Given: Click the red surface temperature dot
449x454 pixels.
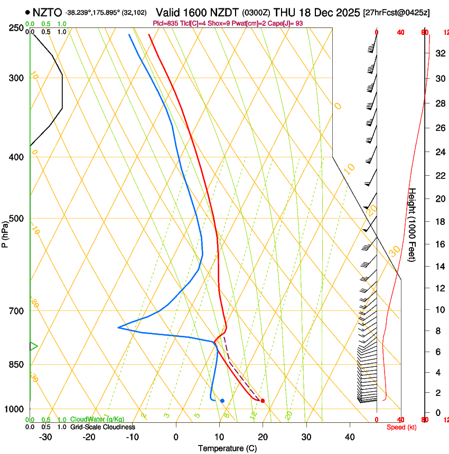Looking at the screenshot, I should [x=263, y=401].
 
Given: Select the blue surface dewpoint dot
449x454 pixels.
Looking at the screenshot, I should [x=222, y=401].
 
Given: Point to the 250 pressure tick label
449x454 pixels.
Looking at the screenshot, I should [x=16, y=28].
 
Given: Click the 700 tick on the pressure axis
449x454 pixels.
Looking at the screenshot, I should [x=16, y=311].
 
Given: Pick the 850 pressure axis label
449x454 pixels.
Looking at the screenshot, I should [x=16, y=365].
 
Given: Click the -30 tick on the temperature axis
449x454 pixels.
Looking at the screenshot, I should [x=45, y=437].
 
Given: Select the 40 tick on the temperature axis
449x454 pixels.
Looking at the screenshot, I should [x=349, y=437].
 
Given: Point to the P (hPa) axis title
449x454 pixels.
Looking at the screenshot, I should [x=5, y=232].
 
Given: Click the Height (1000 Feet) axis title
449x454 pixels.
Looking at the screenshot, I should [x=412, y=229].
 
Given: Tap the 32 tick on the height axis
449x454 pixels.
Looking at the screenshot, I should [x=438, y=53].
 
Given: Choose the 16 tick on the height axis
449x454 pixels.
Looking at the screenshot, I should [x=438, y=244].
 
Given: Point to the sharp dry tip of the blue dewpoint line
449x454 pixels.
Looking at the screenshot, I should [x=118, y=328].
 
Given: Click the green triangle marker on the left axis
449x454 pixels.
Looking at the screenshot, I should [x=33, y=346].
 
